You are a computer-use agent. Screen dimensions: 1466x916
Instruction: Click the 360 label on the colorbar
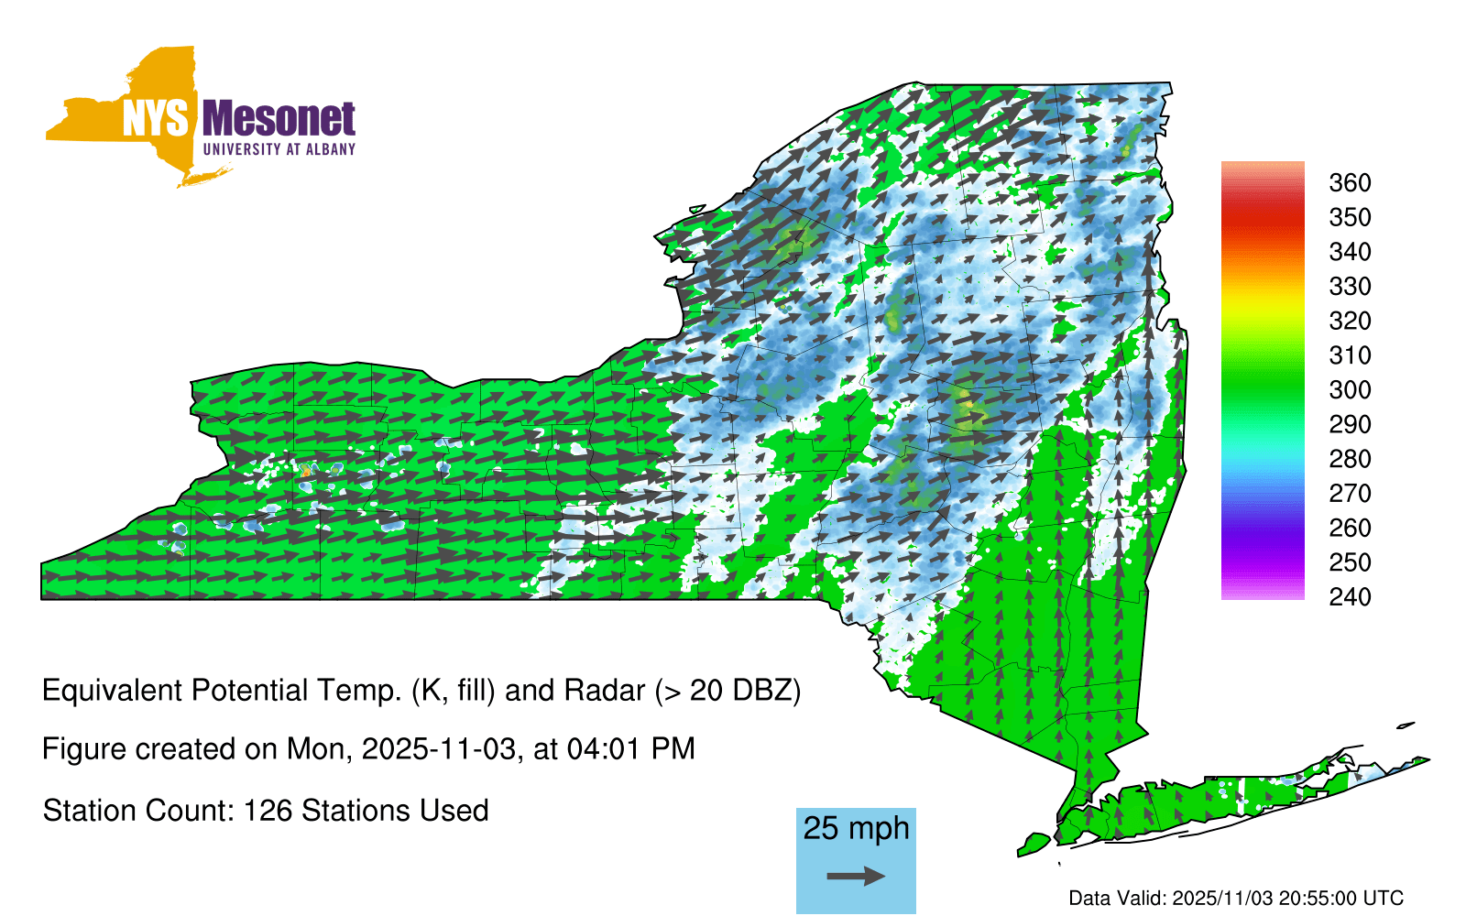pyautogui.click(x=1350, y=183)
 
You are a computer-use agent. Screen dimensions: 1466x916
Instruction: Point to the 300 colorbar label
pyautogui.click(x=1350, y=390)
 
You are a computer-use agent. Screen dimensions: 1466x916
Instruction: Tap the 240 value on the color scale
pyautogui.click(x=1350, y=597)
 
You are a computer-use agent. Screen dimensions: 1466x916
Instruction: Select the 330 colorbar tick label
pyautogui.click(x=1350, y=287)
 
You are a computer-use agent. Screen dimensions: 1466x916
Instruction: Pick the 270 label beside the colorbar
pyautogui.click(x=1350, y=494)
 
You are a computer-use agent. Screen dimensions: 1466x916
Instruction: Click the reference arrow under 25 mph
pyautogui.click(x=856, y=876)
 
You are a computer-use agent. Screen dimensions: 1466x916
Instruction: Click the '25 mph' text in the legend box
pyautogui.click(x=856, y=829)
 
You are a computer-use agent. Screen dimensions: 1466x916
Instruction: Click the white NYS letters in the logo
pyautogui.click(x=156, y=118)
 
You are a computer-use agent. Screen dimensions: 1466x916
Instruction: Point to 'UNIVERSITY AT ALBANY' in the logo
pyautogui.click(x=279, y=149)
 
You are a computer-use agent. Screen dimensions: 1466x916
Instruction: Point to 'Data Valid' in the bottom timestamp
pyautogui.click(x=1117, y=899)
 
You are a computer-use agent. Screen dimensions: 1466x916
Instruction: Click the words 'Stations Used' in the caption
pyautogui.click(x=395, y=812)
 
